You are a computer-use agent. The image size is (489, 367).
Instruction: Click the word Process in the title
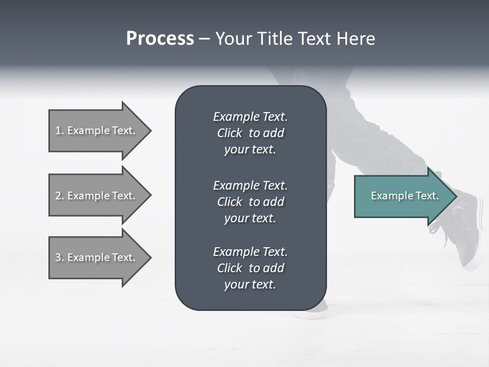(x=160, y=39)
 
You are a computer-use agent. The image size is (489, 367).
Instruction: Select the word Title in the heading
(x=274, y=39)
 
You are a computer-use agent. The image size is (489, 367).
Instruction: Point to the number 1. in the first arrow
(x=60, y=130)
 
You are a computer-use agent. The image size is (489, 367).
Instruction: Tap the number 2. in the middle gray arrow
(x=60, y=196)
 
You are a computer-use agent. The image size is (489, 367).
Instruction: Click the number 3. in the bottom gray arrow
(x=60, y=257)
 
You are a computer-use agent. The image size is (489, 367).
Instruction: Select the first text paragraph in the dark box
(x=250, y=133)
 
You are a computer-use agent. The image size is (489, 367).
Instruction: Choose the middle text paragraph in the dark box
(x=250, y=202)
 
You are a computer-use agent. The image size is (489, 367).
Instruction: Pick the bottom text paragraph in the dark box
(x=250, y=268)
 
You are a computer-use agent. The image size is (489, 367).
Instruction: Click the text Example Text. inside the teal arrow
(x=404, y=196)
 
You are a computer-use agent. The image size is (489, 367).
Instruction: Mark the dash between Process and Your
(x=204, y=39)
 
